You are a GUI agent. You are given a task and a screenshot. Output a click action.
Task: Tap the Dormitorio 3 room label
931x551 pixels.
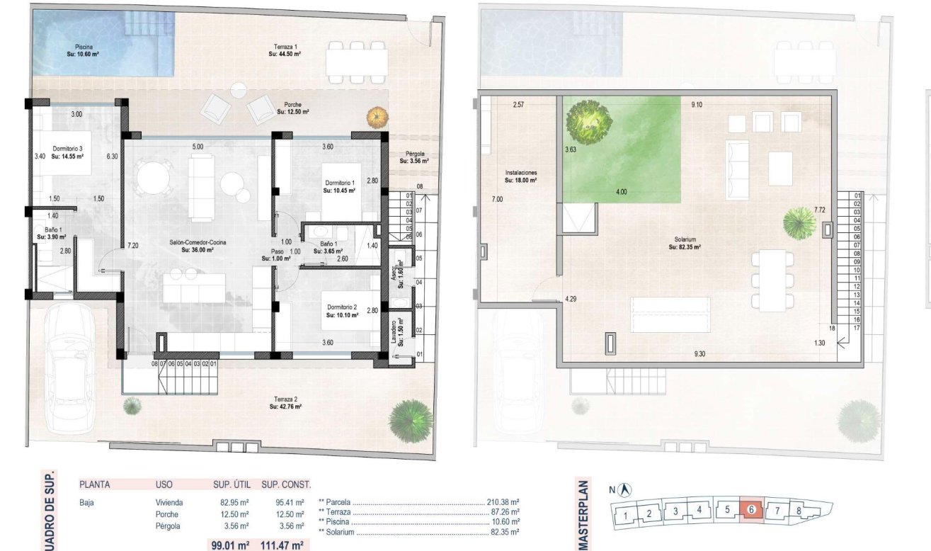pyautogui.click(x=67, y=153)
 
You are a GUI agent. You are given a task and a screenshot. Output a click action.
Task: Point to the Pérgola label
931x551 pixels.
pyautogui.click(x=413, y=157)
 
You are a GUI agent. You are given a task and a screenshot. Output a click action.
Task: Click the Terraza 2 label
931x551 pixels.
pyautogui.click(x=285, y=403)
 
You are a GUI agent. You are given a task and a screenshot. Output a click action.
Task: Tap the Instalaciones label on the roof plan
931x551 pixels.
pyautogui.click(x=520, y=176)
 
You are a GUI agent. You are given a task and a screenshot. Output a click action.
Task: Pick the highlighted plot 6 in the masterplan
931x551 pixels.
pyautogui.click(x=750, y=509)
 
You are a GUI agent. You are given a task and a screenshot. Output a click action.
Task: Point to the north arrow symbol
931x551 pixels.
pyautogui.click(x=624, y=489)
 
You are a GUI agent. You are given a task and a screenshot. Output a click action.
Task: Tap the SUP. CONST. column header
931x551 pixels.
pyautogui.click(x=285, y=485)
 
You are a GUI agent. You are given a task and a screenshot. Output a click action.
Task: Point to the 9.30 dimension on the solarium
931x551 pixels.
pyautogui.click(x=700, y=353)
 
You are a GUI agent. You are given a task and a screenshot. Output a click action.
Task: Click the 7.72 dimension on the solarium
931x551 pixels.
pyautogui.click(x=820, y=210)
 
